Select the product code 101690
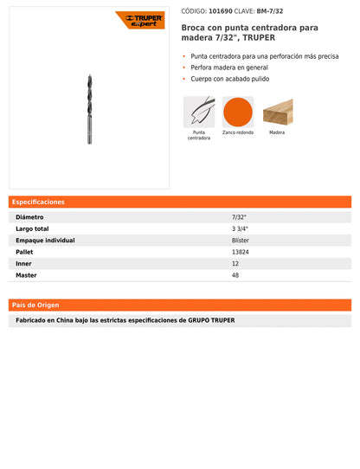pyautogui.click(x=222, y=10)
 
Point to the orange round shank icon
pyautogui.click(x=237, y=112)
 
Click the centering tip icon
pyautogui.click(x=198, y=112)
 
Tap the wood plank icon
pyautogui.click(x=277, y=112)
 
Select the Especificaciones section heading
pyautogui.click(x=38, y=202)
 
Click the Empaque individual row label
pyautogui.click(x=45, y=241)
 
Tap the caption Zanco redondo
pyautogui.click(x=237, y=133)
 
